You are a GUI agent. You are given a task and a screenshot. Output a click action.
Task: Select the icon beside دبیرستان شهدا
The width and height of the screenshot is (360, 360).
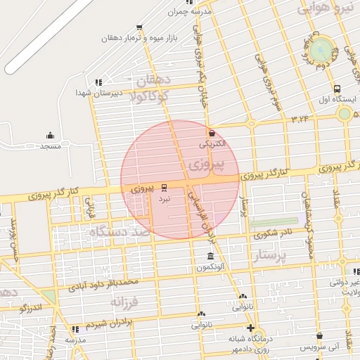pyautogui.click(x=98, y=82)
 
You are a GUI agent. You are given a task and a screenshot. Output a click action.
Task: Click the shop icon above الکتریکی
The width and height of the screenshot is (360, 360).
pyautogui.click(x=212, y=132)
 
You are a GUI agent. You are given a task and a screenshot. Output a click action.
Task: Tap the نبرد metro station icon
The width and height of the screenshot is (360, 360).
pyautogui.click(x=164, y=187)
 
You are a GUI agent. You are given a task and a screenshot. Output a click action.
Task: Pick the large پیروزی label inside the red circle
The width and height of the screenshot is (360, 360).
pyautogui.click(x=206, y=167)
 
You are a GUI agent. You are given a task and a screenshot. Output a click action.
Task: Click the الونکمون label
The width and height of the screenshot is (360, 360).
pyautogui.click(x=210, y=268)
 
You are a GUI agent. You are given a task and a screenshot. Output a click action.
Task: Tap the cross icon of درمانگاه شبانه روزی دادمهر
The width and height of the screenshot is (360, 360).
pyautogui.click(x=250, y=328)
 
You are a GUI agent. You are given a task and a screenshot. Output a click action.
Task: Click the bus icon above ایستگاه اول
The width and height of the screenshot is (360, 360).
pyautogui.click(x=337, y=89)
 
